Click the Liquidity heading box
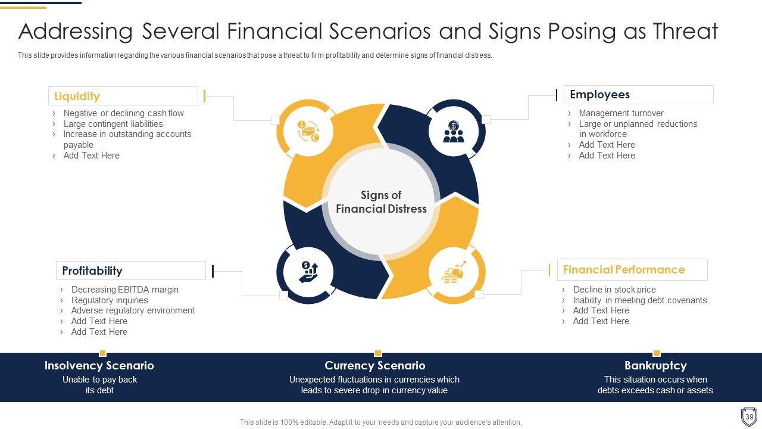(x=123, y=96)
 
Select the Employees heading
(x=599, y=94)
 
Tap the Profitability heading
(x=92, y=271)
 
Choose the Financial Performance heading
(x=624, y=270)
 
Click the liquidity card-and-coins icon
(x=308, y=131)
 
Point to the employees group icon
(x=454, y=132)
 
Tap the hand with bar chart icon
(x=308, y=272)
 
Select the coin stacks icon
(x=454, y=272)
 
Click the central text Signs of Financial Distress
(x=381, y=202)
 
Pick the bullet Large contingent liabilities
(x=113, y=123)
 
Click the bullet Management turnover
(x=621, y=113)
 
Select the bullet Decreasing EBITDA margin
(x=125, y=290)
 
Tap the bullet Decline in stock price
(x=614, y=290)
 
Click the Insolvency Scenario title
(x=99, y=365)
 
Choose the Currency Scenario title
(x=375, y=365)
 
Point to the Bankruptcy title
(x=655, y=365)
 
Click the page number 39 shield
(x=749, y=416)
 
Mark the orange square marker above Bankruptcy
(x=657, y=353)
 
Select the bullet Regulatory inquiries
(x=110, y=300)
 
